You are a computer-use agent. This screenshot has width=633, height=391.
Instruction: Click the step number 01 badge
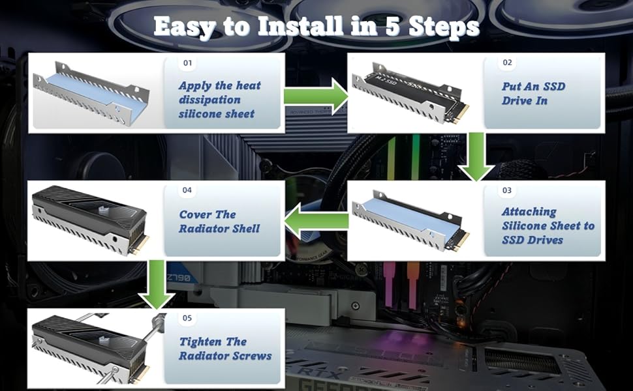[188, 63]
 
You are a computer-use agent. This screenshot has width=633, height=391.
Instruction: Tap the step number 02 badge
[508, 63]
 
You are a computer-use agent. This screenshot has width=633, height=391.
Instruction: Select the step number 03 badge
[507, 190]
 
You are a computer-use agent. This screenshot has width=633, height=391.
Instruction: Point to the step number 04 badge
[187, 190]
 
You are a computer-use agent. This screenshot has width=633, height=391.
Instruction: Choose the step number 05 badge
[187, 318]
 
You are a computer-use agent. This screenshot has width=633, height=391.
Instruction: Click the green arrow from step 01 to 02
[316, 96]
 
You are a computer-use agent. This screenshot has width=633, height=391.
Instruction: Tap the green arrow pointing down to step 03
[477, 157]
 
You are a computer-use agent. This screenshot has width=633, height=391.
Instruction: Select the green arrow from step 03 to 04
[316, 221]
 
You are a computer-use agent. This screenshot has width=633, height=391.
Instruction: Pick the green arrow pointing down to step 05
[157, 285]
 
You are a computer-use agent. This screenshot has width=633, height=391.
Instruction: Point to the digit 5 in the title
[394, 27]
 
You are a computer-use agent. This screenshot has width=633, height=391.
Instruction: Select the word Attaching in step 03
[529, 212]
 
